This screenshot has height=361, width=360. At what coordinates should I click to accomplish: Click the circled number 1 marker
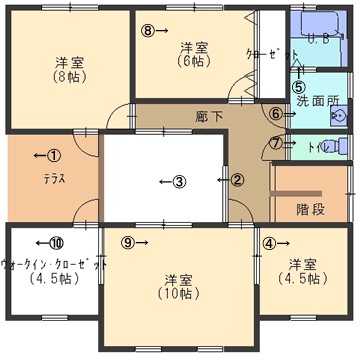point(54,155)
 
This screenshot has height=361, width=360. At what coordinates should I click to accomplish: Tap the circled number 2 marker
point(237,180)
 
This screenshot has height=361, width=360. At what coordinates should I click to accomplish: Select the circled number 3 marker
point(178,181)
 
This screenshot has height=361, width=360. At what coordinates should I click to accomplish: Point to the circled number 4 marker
point(269,242)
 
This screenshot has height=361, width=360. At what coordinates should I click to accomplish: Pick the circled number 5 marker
point(297,87)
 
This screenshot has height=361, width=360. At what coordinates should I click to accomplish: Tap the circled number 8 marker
point(149,30)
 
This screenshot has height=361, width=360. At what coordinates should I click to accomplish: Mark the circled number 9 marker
point(127,242)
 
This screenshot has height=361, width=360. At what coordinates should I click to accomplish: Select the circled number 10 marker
point(56,242)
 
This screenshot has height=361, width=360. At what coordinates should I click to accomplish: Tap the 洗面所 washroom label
point(316,101)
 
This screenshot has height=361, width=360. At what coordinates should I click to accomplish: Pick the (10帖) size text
point(179,293)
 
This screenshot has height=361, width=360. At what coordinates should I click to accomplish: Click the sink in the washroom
point(338,116)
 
